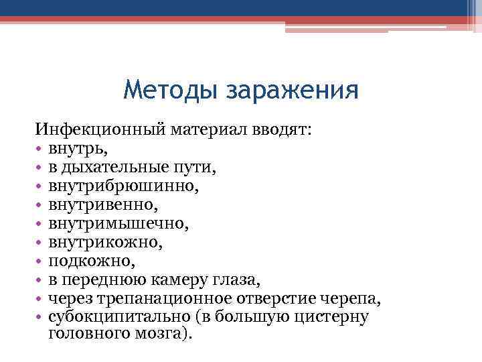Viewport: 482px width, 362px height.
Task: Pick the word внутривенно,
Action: click(x=108, y=200)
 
